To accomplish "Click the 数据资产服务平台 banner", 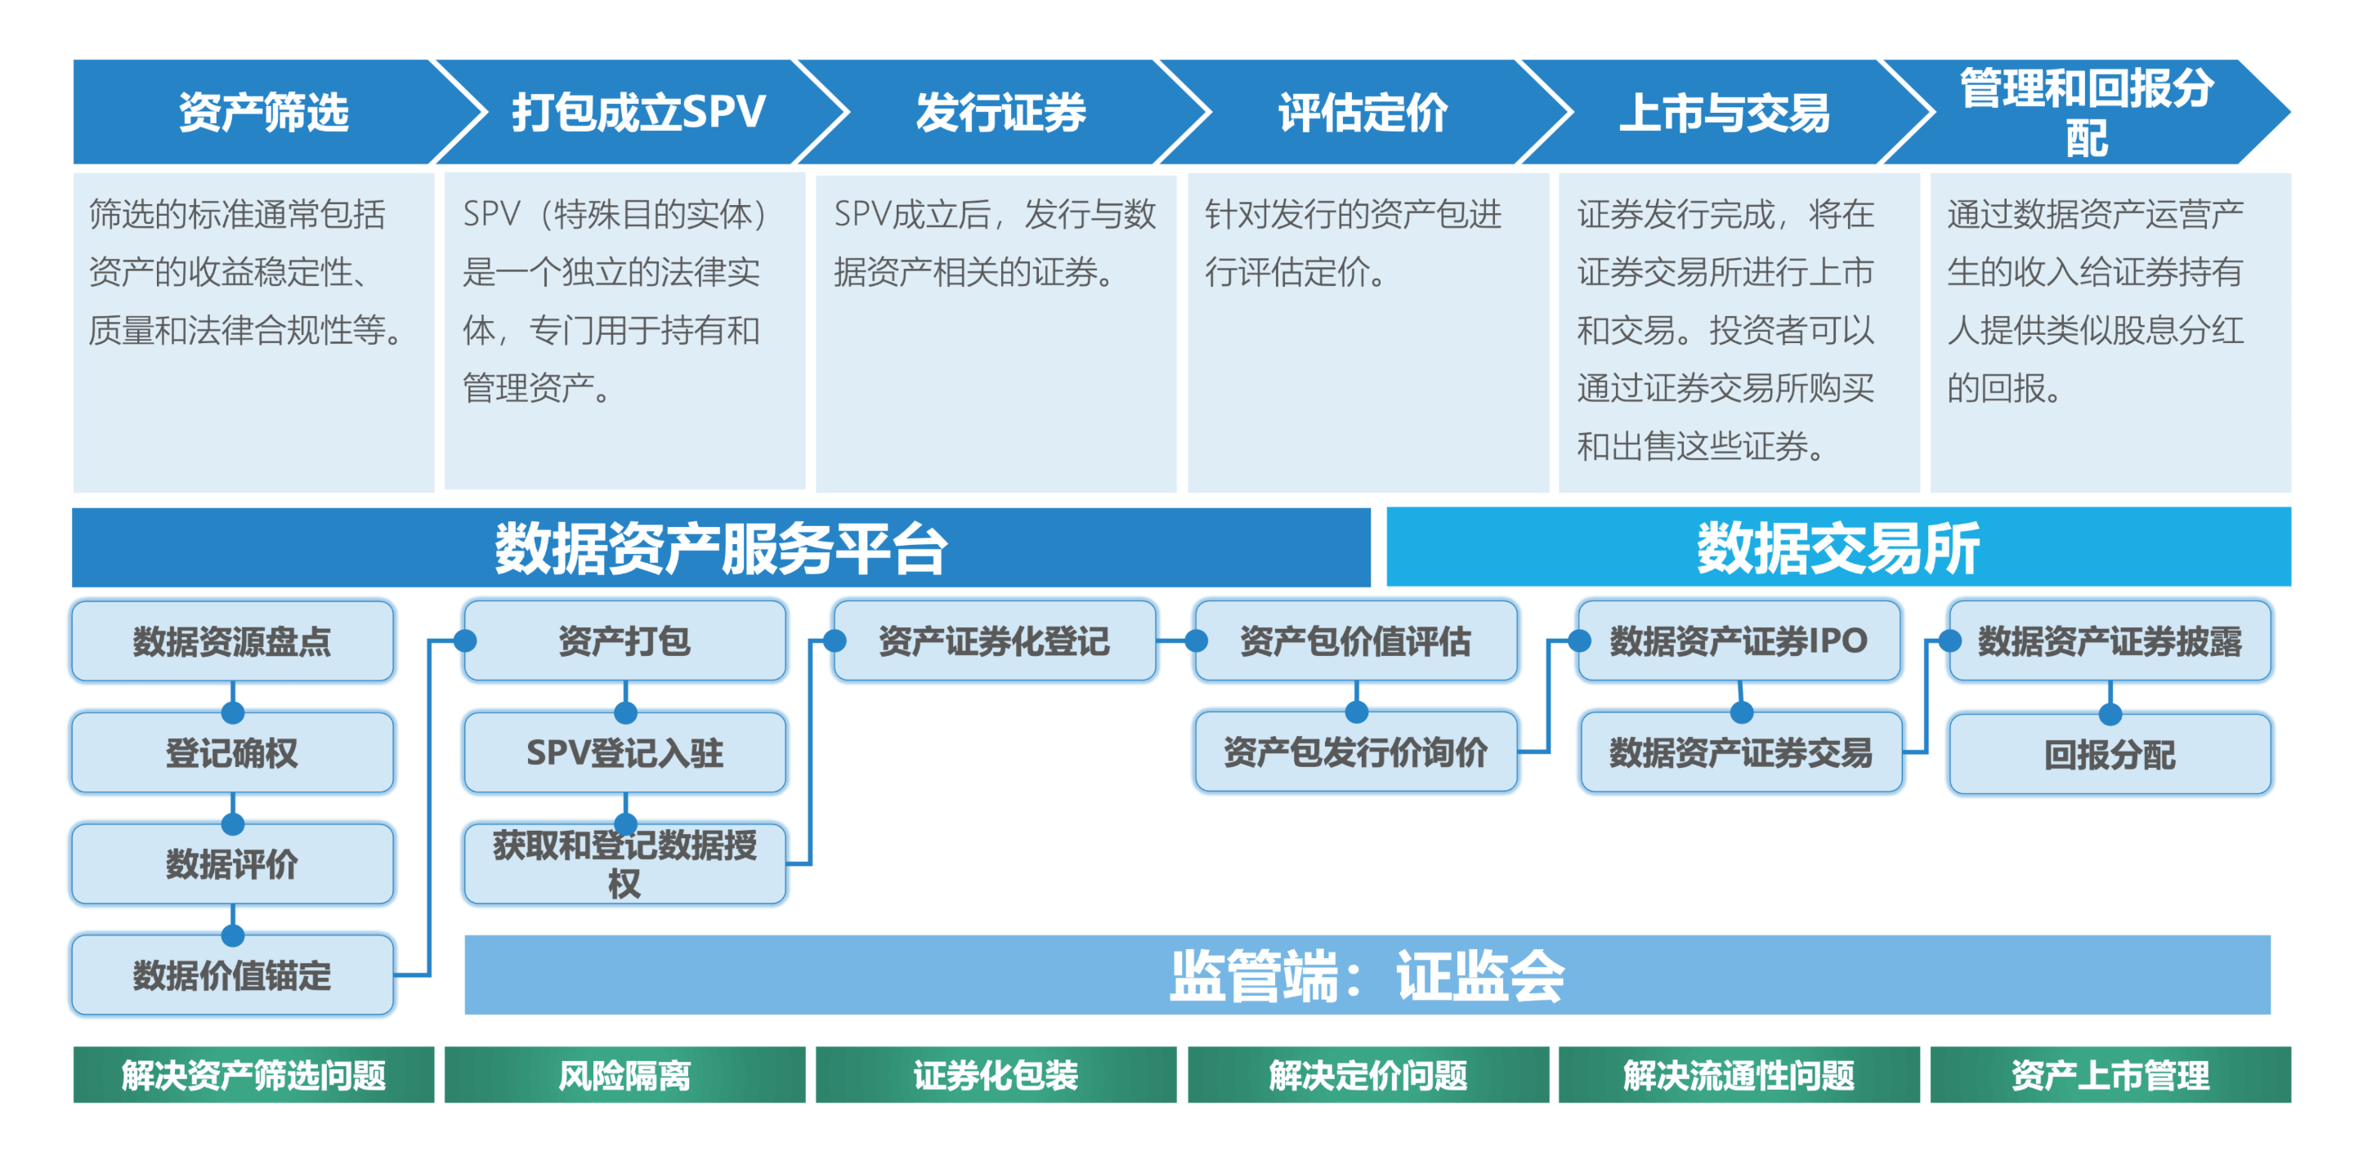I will coord(720,548).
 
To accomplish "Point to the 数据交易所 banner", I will coord(1837,548).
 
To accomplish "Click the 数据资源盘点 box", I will coord(232,641).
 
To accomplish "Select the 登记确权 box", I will coord(232,752).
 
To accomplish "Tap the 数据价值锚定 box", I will coord(232,975).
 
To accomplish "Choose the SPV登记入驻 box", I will coord(625,752).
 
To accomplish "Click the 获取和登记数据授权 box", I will coord(625,864).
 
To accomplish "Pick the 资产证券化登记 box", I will coord(994,641).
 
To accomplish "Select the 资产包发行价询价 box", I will coord(1355,752).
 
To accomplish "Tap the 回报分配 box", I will coord(2109,755).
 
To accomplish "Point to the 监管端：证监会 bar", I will coord(1367,975).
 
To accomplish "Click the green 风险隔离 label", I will coord(625,1075).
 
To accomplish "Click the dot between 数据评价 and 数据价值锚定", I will coord(233,935).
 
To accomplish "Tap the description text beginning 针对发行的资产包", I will coord(1354,243).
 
